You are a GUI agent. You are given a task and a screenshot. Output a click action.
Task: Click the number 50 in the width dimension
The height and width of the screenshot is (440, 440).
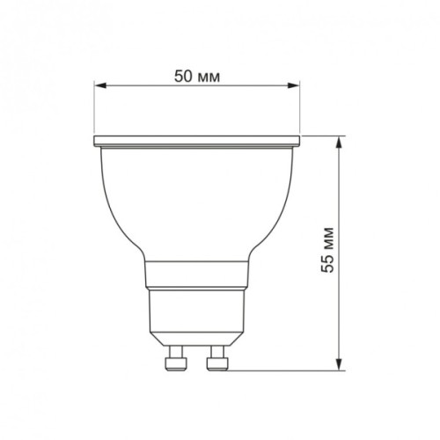click(x=184, y=76)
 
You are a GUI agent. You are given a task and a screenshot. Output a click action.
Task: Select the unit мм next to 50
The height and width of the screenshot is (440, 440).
click(x=209, y=76)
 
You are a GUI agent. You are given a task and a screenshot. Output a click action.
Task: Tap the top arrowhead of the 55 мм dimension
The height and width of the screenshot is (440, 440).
click(x=340, y=142)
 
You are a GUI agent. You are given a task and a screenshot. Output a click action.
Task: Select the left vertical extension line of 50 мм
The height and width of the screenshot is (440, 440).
click(x=94, y=110)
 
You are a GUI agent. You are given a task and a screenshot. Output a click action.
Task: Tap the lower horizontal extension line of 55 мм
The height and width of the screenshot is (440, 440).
click(x=282, y=370)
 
